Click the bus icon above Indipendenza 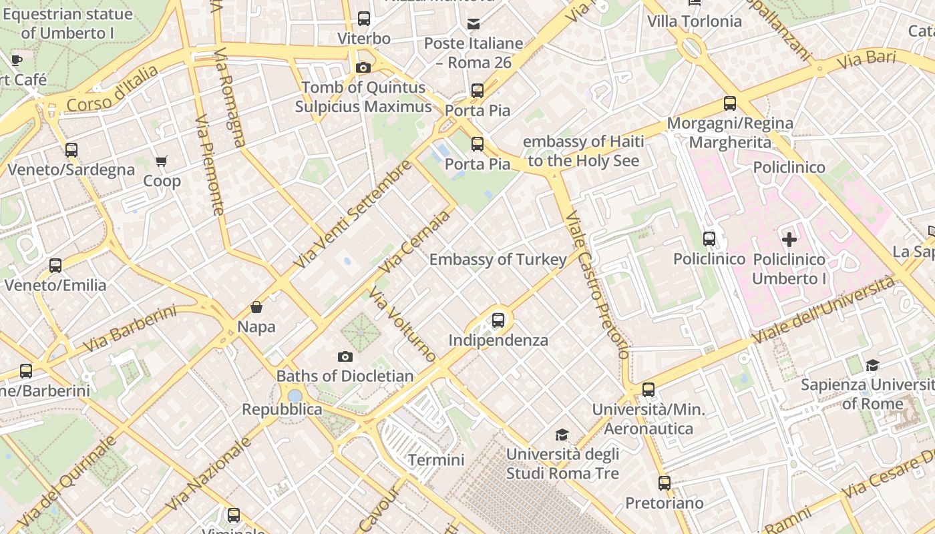coord(498,320)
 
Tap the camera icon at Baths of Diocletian coord(345,356)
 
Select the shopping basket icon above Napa coord(256,307)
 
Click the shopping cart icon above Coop coord(161,161)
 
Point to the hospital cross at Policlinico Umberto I coord(789,239)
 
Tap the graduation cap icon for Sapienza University coord(872,365)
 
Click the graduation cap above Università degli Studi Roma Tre coord(562,435)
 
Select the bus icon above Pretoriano coord(664,483)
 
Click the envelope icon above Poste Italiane coord(474,24)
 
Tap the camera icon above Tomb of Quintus coord(363,67)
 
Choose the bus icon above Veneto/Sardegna coord(71,150)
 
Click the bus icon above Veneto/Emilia coord(55,266)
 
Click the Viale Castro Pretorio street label coord(597,285)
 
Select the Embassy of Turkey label coord(498,260)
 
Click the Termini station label coord(436,460)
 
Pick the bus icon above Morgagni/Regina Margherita coord(730,103)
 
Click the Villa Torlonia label coord(694,21)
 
